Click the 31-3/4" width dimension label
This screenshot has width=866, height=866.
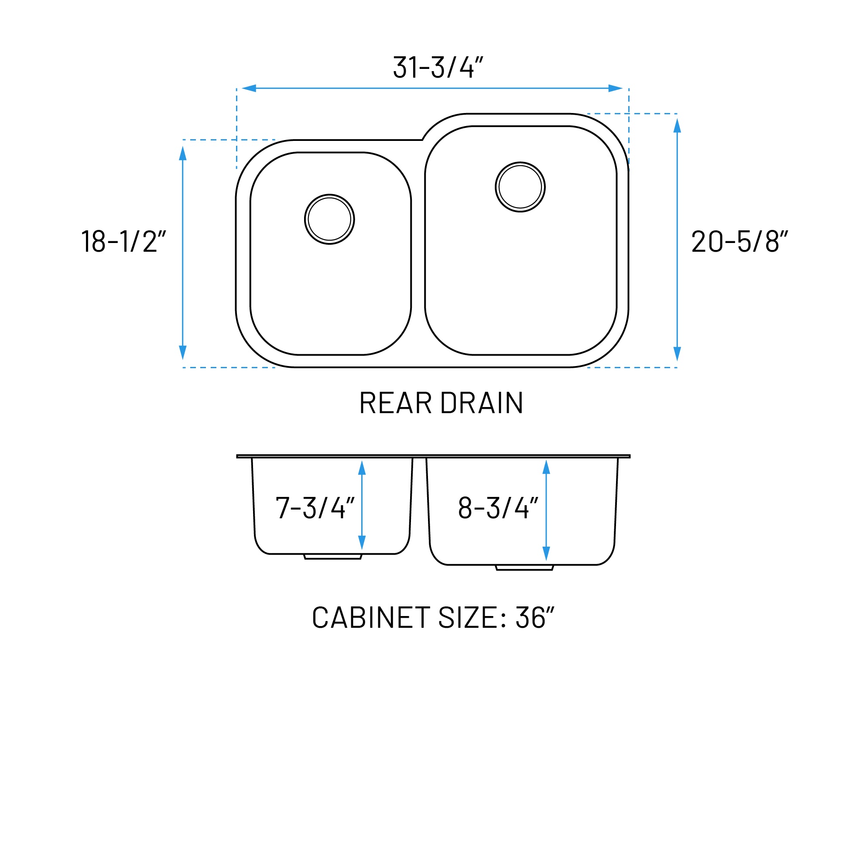pyautogui.click(x=438, y=68)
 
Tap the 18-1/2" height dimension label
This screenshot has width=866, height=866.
pyautogui.click(x=124, y=241)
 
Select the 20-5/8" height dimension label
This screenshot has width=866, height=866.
pyautogui.click(x=739, y=241)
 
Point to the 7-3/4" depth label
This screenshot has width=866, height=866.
pyautogui.click(x=315, y=508)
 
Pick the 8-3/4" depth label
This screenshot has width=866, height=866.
pyautogui.click(x=498, y=508)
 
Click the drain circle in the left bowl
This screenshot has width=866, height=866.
pyautogui.click(x=329, y=219)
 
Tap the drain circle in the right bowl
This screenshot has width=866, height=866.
pyautogui.click(x=520, y=187)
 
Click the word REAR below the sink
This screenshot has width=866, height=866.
pyautogui.click(x=395, y=403)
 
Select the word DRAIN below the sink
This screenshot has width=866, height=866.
pyautogui.click(x=482, y=403)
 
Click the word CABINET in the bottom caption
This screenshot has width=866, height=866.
pyautogui.click(x=371, y=617)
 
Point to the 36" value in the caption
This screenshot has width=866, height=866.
pyautogui.click(x=535, y=617)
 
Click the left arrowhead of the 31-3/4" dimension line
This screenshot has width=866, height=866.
pyautogui.click(x=249, y=88)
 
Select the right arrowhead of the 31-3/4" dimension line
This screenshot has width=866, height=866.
pyautogui.click(x=616, y=88)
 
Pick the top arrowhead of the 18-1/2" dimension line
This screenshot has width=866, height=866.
pyautogui.click(x=183, y=153)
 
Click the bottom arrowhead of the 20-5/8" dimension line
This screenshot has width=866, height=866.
pyautogui.click(x=677, y=354)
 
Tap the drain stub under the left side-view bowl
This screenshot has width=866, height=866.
pyautogui.click(x=332, y=557)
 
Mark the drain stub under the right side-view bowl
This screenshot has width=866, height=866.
pyautogui.click(x=524, y=568)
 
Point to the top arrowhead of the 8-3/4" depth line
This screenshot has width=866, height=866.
pyautogui.click(x=546, y=467)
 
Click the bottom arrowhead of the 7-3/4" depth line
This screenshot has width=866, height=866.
pyautogui.click(x=362, y=542)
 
